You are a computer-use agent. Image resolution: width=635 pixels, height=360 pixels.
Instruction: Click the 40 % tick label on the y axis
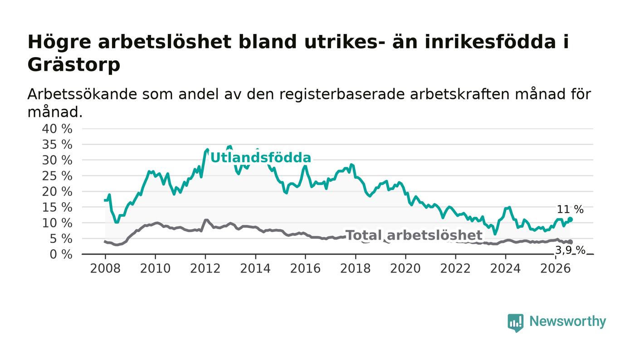[x=57, y=129]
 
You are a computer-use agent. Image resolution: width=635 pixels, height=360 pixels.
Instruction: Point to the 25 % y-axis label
[x=57, y=176]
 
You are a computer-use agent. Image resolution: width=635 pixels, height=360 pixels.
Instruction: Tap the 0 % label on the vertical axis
[x=61, y=254]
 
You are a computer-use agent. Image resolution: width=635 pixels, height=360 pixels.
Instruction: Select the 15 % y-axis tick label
[x=57, y=208]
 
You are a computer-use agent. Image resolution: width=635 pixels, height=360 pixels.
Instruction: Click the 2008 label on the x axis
[x=105, y=269]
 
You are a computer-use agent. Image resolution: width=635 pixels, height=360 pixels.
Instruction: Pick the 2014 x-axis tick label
[x=255, y=269]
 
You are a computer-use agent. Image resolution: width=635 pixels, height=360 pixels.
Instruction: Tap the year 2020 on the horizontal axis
[x=405, y=269]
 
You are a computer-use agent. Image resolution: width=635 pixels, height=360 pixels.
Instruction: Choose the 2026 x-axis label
[x=555, y=269]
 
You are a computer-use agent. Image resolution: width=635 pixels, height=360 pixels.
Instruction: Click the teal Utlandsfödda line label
[x=260, y=158]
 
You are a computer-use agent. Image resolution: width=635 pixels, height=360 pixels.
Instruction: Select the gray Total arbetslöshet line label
[x=414, y=235]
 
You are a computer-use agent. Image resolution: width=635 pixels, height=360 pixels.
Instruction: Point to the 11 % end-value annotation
[x=570, y=209]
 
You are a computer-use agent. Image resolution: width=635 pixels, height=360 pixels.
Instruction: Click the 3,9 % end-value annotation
[x=570, y=250]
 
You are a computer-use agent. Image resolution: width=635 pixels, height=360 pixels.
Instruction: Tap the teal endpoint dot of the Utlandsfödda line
[x=571, y=219]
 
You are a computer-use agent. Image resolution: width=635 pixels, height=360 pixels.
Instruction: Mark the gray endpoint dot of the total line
[x=571, y=242]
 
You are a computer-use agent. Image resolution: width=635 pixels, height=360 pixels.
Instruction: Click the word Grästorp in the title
[x=74, y=65]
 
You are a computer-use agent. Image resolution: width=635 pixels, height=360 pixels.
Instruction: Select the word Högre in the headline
[x=59, y=43]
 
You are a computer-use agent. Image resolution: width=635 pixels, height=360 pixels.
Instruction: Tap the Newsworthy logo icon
[x=516, y=323]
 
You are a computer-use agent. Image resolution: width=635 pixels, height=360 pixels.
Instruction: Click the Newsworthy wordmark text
[x=567, y=321]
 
